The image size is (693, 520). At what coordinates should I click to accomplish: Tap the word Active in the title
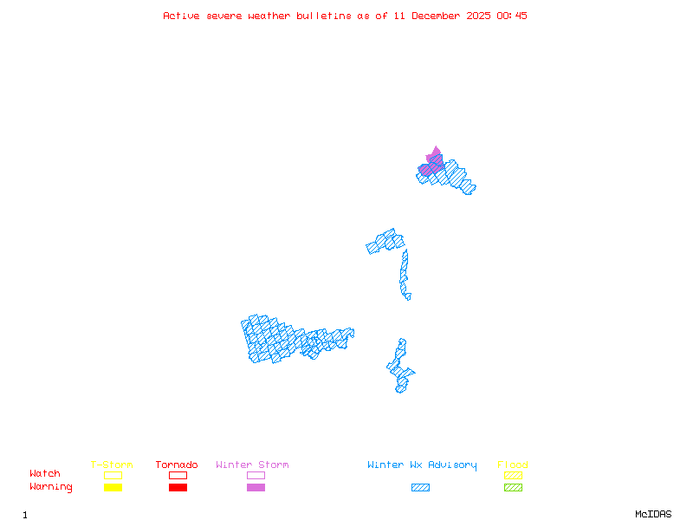coord(181,16)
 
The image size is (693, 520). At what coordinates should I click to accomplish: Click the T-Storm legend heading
coord(112,465)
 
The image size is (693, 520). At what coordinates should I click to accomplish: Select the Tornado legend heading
coord(177,465)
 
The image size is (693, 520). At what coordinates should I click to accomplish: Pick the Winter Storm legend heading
coord(252,465)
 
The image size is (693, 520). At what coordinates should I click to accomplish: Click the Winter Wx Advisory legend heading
coord(422,465)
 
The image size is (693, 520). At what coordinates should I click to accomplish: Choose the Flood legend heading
coord(513,465)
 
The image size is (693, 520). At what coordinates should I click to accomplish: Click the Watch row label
coord(45,474)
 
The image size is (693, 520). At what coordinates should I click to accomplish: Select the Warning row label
coord(51,487)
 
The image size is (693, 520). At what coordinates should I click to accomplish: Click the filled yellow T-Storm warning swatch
coord(113,488)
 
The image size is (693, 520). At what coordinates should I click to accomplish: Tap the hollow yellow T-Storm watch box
coord(113,475)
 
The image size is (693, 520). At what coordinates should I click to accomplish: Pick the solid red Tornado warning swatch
coord(178,488)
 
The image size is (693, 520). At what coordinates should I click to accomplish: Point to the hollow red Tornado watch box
coord(178,475)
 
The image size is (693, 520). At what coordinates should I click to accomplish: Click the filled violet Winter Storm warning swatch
coord(256,488)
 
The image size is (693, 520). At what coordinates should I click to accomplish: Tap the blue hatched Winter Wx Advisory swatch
coord(420,488)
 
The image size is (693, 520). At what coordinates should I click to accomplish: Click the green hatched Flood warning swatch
coord(513,488)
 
